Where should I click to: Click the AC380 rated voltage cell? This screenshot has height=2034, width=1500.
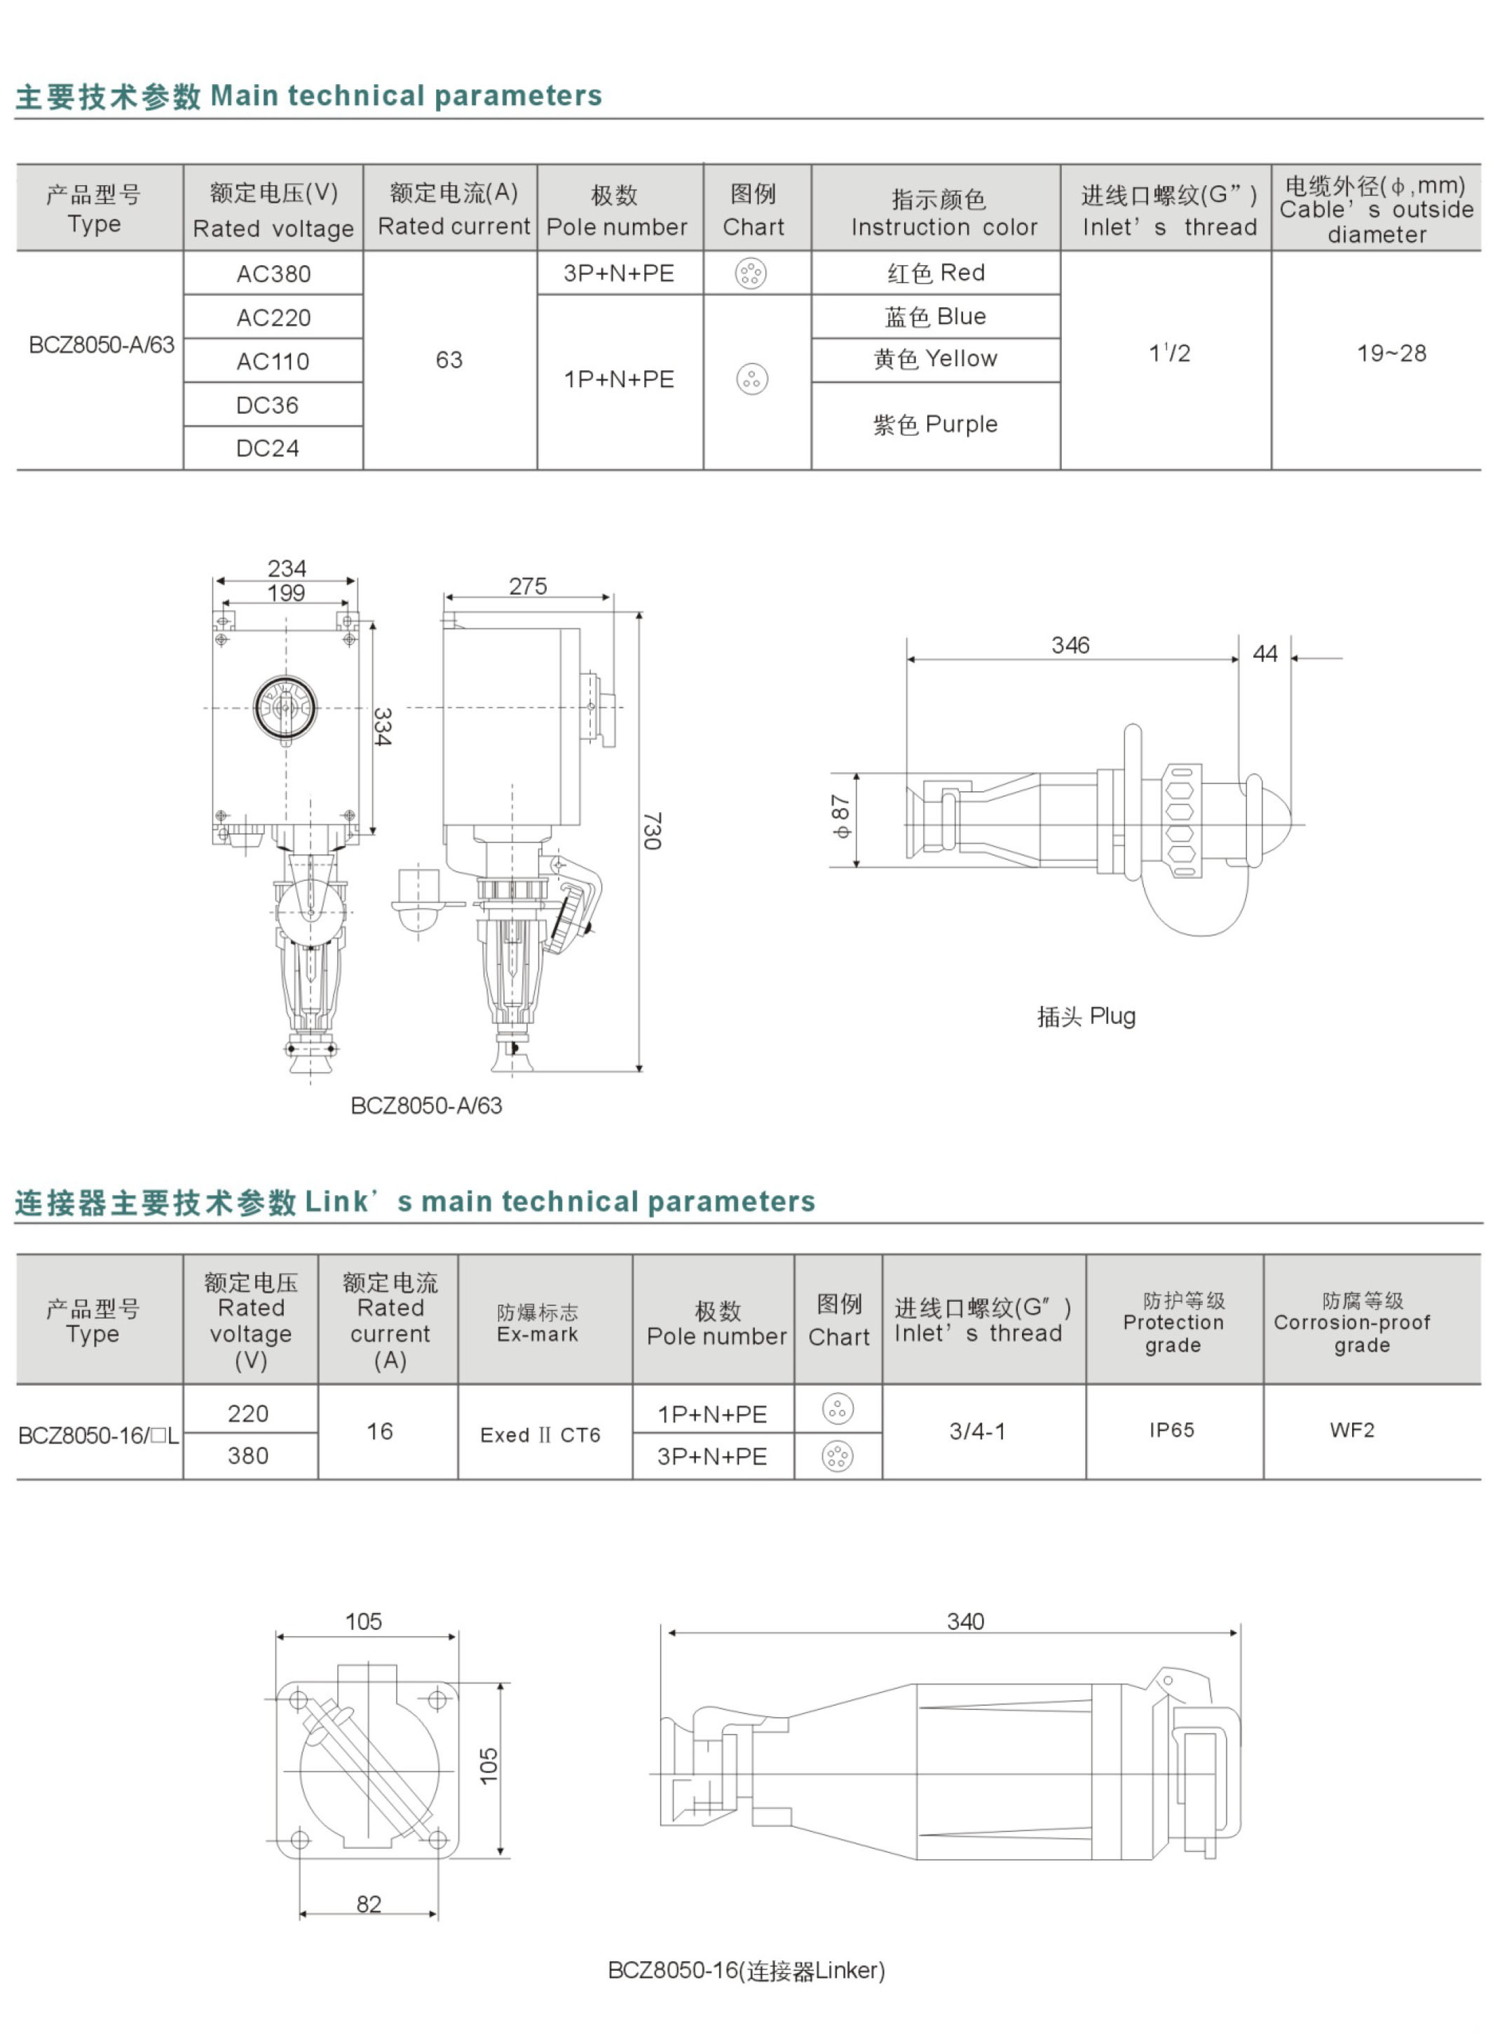click(x=273, y=274)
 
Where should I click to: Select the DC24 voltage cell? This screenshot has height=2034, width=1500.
click(x=267, y=448)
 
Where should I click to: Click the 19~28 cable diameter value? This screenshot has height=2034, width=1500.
click(x=1391, y=353)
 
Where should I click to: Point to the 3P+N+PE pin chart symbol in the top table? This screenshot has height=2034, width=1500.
click(x=751, y=273)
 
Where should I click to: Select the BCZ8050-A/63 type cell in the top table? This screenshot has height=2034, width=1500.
click(x=101, y=345)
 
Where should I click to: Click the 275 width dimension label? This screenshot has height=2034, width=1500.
click(x=528, y=586)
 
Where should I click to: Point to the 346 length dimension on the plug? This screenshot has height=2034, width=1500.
click(x=1070, y=645)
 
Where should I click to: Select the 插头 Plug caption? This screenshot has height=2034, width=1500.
click(x=1086, y=1016)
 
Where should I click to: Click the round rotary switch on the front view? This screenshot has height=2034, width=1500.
click(x=285, y=707)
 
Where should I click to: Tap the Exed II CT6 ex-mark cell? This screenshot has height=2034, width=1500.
click(x=540, y=1434)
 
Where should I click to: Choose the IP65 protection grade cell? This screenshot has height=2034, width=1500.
click(x=1171, y=1430)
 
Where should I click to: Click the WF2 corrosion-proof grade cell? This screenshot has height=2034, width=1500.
click(x=1352, y=1430)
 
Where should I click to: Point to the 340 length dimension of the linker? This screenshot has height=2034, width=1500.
click(x=964, y=1622)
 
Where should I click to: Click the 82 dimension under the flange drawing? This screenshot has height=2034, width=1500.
click(x=369, y=1903)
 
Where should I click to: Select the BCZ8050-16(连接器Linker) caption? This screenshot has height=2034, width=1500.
click(x=746, y=1970)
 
